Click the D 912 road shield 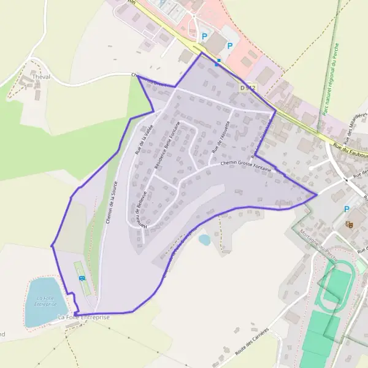[x=248, y=88]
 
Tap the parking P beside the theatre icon [x=347, y=209]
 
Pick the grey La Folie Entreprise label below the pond [x=83, y=317]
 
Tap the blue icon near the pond [x=82, y=278]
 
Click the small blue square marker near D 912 [x=217, y=61]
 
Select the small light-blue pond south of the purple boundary [x=204, y=240]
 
